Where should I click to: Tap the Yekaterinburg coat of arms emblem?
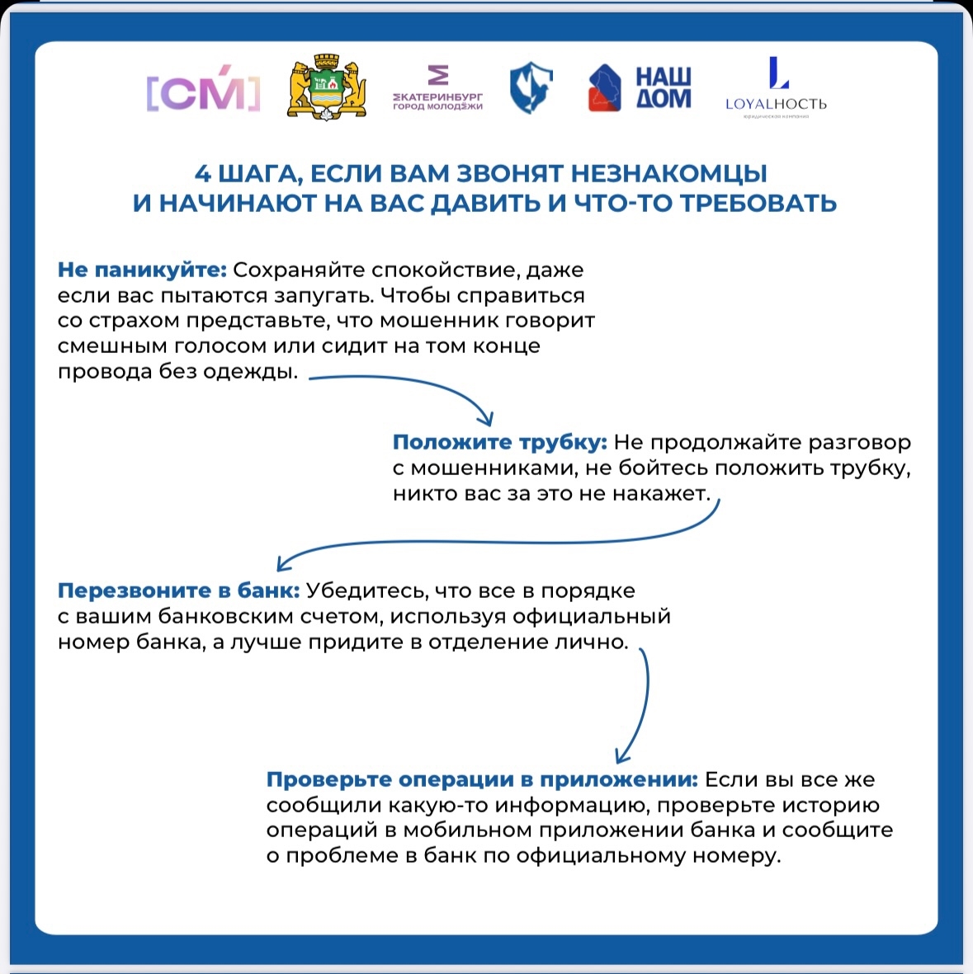click(327, 88)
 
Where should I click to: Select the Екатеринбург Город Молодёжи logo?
click(437, 90)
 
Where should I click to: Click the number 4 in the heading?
click(203, 175)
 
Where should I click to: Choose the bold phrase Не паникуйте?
click(142, 270)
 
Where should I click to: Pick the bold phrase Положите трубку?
click(499, 442)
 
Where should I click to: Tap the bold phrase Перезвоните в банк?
click(178, 591)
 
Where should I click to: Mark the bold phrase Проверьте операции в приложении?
click(482, 779)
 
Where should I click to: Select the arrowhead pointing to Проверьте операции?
click(623, 756)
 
